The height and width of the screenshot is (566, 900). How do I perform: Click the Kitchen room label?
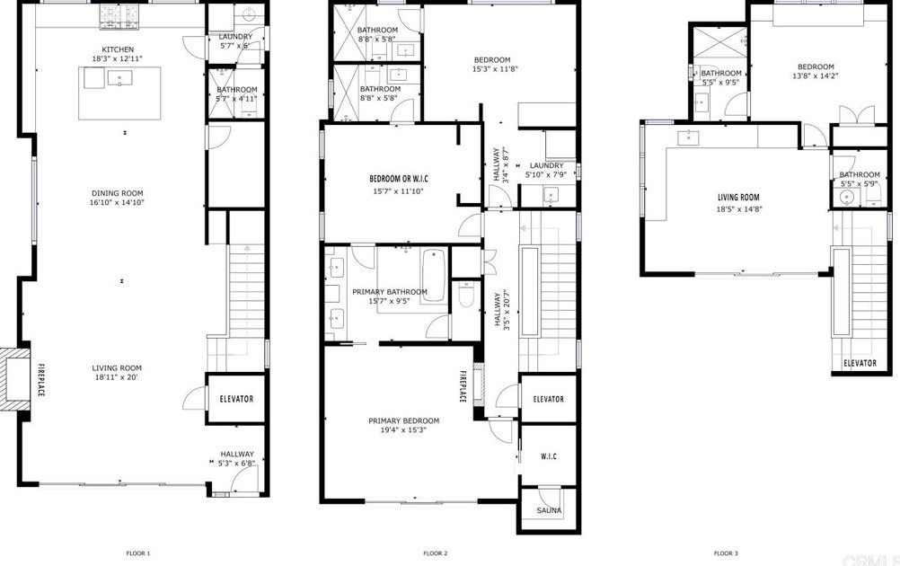coord(118,49)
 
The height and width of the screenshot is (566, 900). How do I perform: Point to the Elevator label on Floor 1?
coord(237,399)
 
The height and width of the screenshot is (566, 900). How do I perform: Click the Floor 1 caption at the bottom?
coord(137,553)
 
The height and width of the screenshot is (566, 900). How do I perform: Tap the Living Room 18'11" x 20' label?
coord(117,372)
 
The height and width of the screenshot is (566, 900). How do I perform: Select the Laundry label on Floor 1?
coord(236,37)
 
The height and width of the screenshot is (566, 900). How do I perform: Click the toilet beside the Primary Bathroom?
coord(465,294)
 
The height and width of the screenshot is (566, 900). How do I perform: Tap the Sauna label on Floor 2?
coord(549,510)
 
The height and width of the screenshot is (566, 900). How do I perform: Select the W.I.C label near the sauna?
coord(549,456)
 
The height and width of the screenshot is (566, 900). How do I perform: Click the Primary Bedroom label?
coord(403,420)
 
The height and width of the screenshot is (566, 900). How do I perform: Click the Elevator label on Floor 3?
coord(860,363)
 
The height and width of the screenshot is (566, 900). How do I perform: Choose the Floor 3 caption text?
coord(726,553)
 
